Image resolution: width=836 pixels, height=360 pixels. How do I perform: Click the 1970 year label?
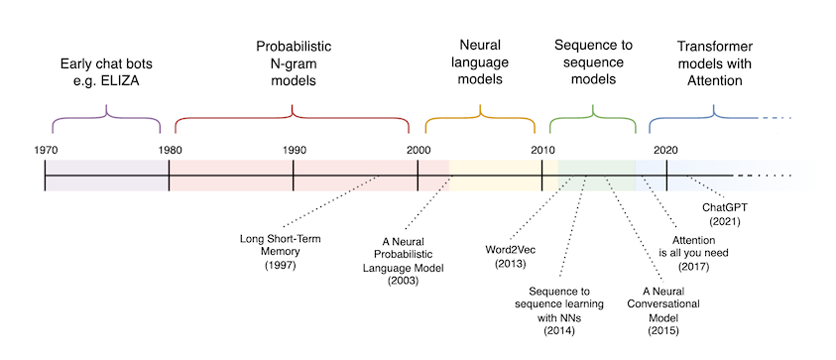coord(45,149)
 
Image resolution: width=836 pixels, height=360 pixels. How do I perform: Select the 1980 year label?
coord(170,149)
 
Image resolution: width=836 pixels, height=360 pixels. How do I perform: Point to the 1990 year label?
coord(294,149)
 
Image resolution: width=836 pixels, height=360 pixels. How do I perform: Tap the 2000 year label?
coord(418,149)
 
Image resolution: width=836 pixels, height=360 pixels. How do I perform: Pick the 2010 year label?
coord(541,149)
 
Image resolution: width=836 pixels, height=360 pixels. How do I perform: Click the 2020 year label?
coord(665,149)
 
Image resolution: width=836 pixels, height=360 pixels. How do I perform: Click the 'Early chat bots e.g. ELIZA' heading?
coord(106,71)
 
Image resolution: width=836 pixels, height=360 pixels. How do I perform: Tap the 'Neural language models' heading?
coord(479,63)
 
